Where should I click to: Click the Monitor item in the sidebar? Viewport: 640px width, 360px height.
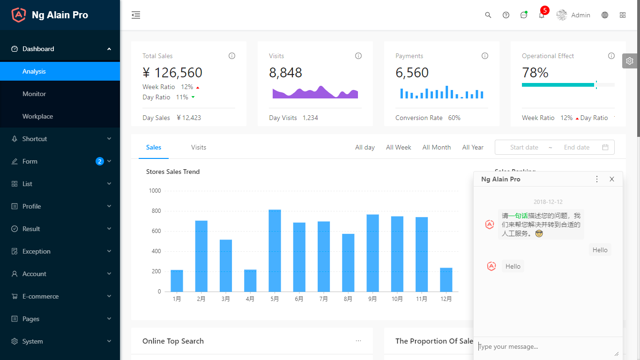pos(34,94)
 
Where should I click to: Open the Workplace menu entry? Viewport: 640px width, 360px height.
pos(37,116)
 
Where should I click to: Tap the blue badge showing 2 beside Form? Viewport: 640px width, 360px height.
pos(99,161)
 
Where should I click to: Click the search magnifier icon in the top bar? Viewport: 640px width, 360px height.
pos(488,15)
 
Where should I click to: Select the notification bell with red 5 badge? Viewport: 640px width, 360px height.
pos(542,15)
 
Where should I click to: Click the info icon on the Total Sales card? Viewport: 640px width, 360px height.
pos(232,56)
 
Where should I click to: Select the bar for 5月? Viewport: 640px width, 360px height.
pos(275,251)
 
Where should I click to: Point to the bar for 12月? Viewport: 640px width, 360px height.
pos(446,280)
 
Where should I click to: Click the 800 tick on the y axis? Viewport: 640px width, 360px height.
pos(156,211)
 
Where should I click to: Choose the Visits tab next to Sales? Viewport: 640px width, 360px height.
pos(199,147)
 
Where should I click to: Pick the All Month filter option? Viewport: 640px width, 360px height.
pos(437,147)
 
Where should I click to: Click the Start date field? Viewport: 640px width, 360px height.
pos(524,147)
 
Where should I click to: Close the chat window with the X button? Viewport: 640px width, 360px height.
pos(612,179)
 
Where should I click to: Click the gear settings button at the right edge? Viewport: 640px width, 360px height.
pos(630,61)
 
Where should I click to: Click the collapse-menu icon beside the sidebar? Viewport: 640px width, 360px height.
pos(136,15)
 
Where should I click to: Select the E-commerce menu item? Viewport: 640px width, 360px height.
pos(41,296)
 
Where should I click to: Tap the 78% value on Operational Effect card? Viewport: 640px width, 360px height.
pos(535,73)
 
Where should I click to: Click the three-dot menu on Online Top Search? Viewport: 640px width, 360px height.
pos(358,341)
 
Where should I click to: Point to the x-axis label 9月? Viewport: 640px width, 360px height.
pos(372,299)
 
